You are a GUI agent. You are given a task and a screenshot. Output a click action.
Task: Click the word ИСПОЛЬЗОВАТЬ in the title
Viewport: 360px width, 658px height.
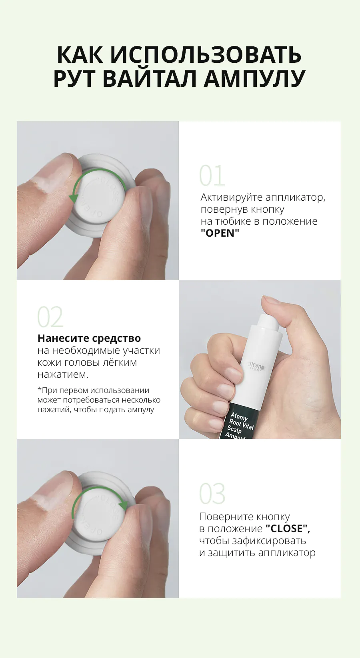point(206,54)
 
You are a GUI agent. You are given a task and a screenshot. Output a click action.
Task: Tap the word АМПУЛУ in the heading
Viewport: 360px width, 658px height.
point(254,78)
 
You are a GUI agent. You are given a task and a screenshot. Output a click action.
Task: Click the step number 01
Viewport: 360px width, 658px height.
point(212,175)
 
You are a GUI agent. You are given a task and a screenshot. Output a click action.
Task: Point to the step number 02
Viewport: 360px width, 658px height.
point(50,317)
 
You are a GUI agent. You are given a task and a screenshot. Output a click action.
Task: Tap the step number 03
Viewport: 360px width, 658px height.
point(212,493)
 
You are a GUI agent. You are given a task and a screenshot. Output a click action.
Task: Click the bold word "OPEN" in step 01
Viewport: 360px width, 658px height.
point(220,233)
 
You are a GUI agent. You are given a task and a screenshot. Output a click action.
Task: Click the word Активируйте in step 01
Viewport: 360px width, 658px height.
point(231,197)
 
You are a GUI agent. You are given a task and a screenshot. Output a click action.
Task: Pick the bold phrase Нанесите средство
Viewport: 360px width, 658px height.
point(89,338)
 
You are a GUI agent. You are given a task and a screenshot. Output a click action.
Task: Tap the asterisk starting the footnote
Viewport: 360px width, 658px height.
point(39,389)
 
